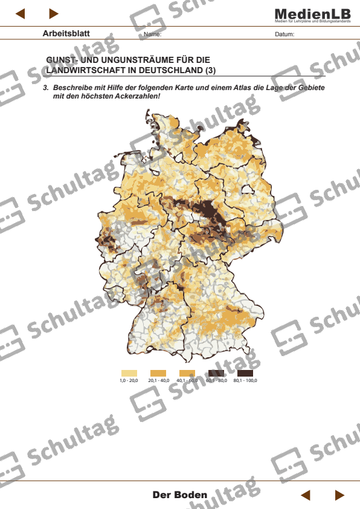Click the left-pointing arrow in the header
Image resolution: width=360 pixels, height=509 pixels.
[x=20, y=13]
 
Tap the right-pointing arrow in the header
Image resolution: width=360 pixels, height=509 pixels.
[x=54, y=13]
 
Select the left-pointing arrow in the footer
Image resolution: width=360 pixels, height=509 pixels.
[x=306, y=495]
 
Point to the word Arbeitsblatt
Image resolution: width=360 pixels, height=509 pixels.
[x=66, y=33]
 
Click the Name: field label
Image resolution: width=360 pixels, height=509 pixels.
[x=152, y=34]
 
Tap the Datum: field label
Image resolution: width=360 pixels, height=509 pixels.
[x=284, y=34]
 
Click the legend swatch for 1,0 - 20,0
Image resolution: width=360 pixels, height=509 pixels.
[x=129, y=373]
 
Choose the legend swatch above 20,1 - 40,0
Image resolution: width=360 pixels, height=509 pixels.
[x=158, y=373]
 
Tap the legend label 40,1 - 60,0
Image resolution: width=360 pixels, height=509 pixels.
[x=187, y=381]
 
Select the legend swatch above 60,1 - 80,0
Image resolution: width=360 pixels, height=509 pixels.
[x=216, y=373]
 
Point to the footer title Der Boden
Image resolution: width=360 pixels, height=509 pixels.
[x=180, y=494]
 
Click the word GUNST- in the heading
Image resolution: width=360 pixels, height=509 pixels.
[x=63, y=60]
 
